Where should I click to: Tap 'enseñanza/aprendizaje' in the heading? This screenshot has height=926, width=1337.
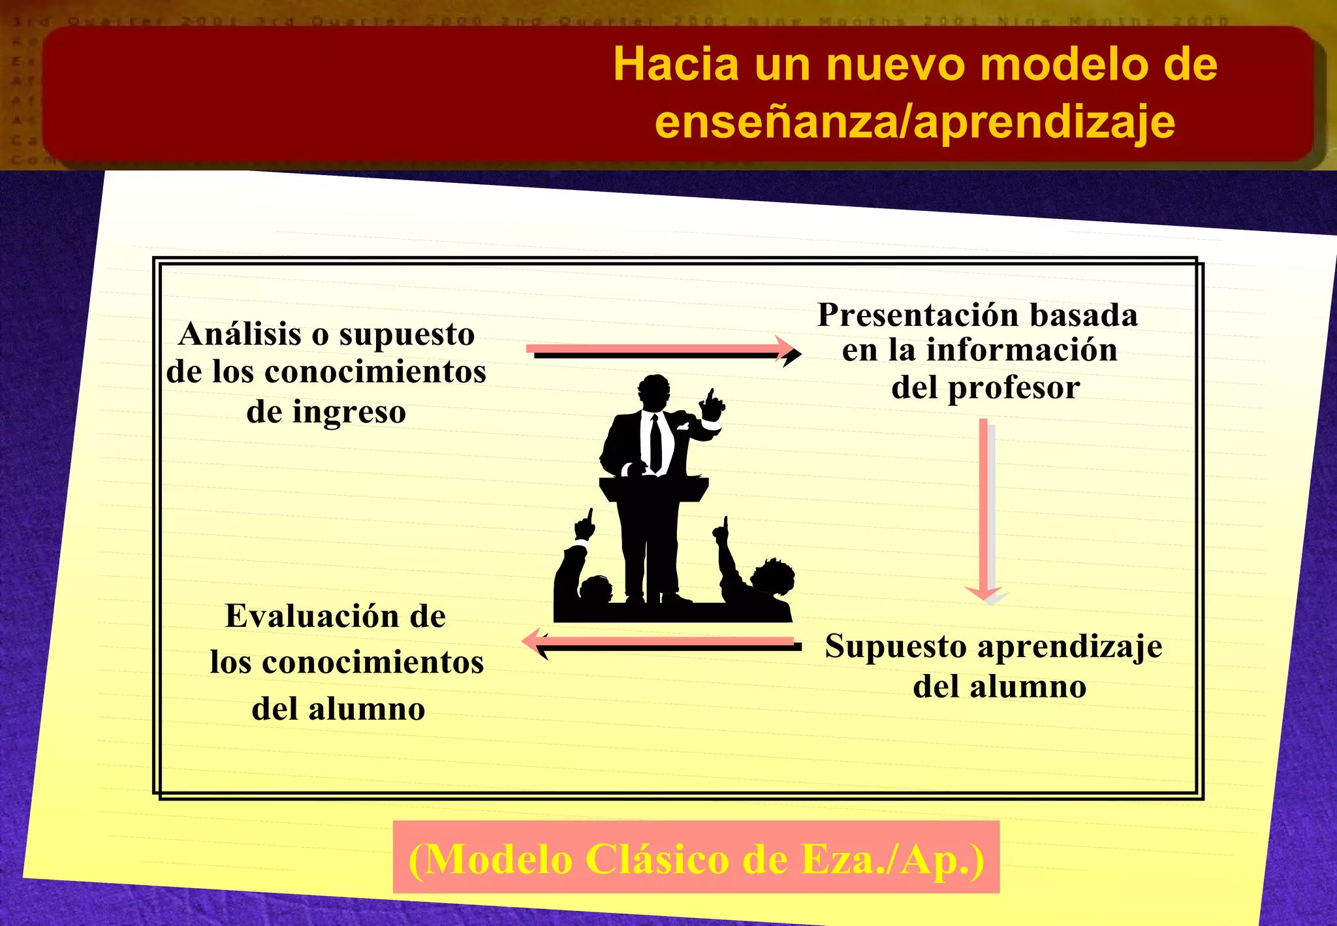pos(915,122)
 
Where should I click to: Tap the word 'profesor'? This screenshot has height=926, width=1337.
pos(1013,388)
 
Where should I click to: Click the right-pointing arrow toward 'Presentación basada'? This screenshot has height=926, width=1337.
pos(663,351)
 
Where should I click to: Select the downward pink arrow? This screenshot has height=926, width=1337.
pos(984,509)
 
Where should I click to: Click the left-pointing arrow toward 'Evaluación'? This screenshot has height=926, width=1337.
pos(663,643)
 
